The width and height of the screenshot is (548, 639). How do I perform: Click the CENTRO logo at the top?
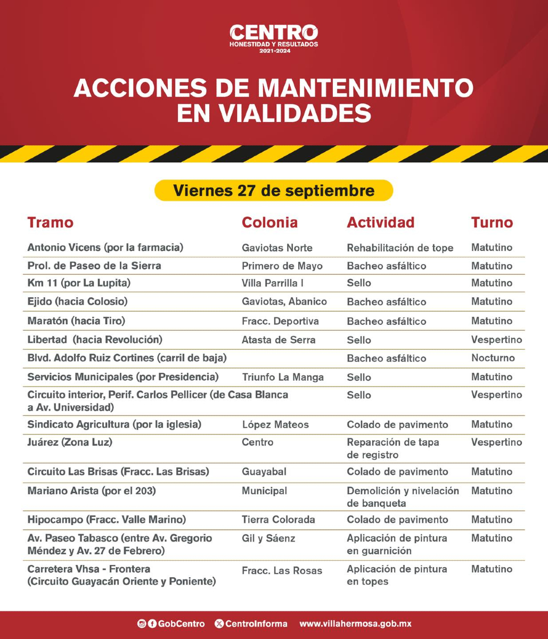(274, 38)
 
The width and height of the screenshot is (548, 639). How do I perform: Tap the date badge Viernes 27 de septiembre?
(274, 190)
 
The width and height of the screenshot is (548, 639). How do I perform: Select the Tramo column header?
(51, 223)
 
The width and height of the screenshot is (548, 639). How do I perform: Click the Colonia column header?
(269, 223)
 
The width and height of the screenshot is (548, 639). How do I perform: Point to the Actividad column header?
(380, 223)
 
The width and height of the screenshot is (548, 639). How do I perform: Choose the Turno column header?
(492, 223)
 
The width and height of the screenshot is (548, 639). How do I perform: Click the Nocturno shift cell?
(493, 358)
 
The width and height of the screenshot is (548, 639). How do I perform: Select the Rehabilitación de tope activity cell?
(400, 248)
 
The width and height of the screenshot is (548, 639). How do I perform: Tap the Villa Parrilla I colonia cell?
(273, 283)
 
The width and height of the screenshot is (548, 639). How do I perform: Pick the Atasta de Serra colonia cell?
(279, 340)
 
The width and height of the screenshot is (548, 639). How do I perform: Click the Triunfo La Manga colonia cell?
(283, 377)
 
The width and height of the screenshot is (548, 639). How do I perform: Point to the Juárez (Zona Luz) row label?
(70, 442)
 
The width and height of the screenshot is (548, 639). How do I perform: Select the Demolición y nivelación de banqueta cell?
(403, 497)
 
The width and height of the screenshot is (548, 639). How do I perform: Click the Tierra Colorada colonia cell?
(279, 520)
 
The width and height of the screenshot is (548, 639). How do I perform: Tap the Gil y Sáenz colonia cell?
(268, 538)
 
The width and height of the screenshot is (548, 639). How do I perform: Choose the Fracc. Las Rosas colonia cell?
(282, 570)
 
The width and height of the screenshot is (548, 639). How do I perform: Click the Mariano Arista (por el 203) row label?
(92, 491)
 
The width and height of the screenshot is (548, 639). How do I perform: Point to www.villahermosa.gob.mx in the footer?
(355, 624)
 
